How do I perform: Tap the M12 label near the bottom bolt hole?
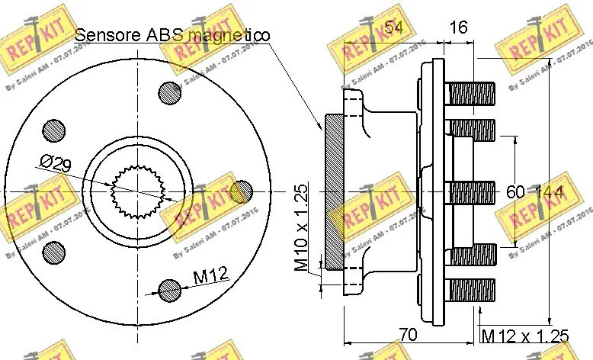click(210, 276)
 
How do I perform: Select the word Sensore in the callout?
click(106, 35)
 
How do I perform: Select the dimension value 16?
click(457, 28)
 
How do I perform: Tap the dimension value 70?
click(409, 334)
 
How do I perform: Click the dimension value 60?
click(516, 193)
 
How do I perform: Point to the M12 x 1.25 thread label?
click(525, 335)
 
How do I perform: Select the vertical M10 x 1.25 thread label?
click(302, 228)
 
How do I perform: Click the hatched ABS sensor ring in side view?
click(335, 191)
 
